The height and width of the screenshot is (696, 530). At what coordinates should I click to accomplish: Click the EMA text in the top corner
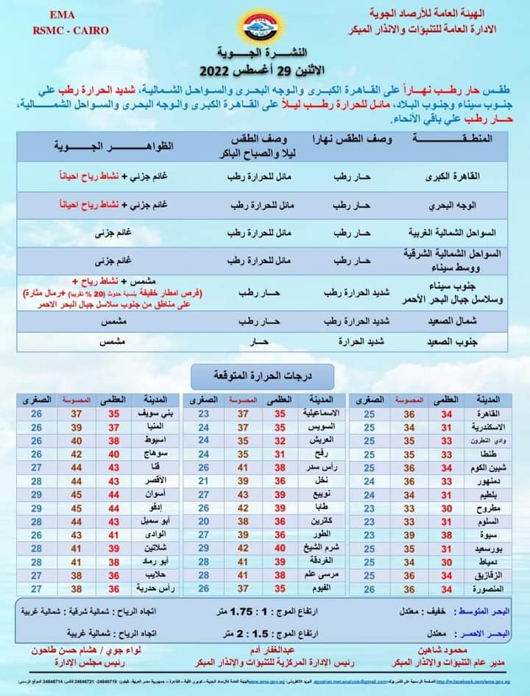point(66,15)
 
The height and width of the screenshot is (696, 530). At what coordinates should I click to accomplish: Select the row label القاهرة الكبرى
point(470,177)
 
